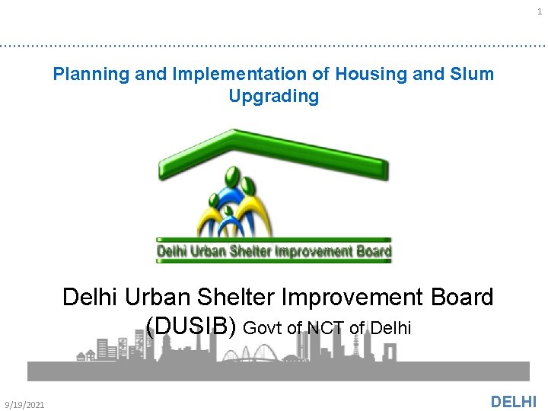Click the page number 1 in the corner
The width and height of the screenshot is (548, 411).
coord(540,11)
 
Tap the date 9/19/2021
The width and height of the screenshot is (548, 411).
coord(24,404)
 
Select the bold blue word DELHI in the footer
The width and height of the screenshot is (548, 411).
coord(514,402)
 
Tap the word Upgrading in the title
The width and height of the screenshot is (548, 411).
coord(273,97)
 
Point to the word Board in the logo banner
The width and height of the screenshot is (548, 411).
coord(374,250)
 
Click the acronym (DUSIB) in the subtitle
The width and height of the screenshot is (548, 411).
coord(193,326)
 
